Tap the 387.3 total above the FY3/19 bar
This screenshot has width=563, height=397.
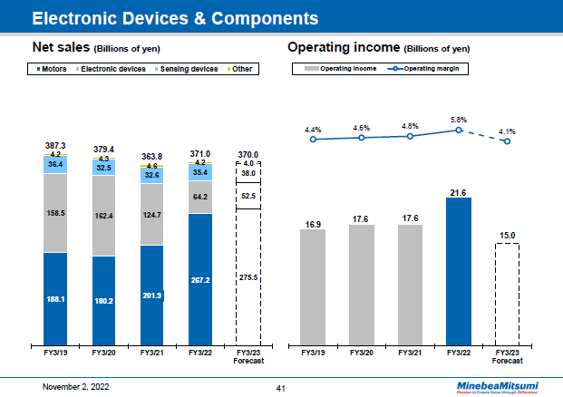[x=55, y=146]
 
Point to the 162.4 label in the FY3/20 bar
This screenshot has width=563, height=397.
[x=104, y=216]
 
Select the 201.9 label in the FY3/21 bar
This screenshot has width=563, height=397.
[x=152, y=295]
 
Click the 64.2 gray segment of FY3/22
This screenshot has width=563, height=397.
[x=200, y=197]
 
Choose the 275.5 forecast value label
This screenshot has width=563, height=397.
[x=248, y=277]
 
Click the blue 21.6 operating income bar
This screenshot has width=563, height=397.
[x=458, y=272]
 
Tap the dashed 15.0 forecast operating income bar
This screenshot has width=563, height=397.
[x=507, y=295]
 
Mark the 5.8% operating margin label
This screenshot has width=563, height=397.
[x=458, y=120]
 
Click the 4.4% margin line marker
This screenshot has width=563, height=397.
[x=313, y=140]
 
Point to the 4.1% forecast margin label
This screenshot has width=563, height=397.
[x=507, y=131]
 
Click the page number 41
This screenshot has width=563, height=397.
[x=281, y=387]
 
